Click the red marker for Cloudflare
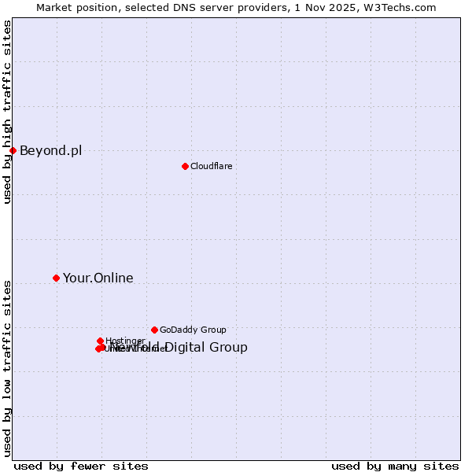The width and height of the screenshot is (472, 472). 185,166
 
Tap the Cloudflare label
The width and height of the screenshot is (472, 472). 211,166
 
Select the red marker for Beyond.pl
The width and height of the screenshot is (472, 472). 13,150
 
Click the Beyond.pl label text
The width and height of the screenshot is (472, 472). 50,150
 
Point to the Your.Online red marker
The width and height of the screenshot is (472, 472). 56,278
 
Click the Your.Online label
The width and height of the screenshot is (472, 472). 98,278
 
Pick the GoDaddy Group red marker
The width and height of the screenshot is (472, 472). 154,330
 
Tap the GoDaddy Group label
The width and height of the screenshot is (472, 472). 193,330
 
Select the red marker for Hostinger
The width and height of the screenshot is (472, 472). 101,341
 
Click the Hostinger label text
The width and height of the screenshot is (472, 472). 124,341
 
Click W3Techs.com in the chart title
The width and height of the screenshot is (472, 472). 404,7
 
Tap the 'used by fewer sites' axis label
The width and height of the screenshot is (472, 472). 81,466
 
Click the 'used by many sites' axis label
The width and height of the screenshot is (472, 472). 395,466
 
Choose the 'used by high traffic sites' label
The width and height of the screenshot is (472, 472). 7,112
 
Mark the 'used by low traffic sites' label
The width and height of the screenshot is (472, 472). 7,367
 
